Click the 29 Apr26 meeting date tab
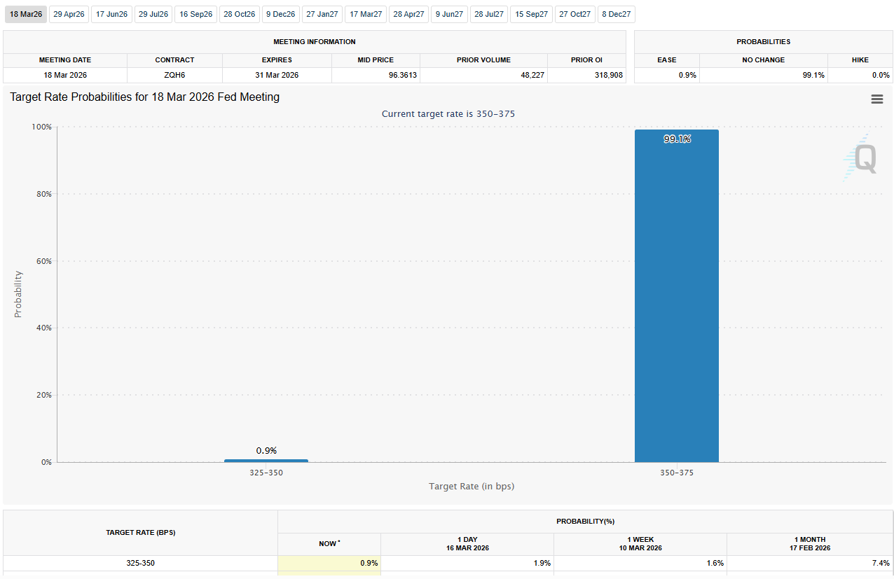69,14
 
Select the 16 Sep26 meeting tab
196,14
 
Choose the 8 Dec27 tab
617,14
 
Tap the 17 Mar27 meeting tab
366,14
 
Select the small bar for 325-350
266,461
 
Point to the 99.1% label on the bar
677,139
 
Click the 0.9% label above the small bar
266,450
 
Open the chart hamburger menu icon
876,99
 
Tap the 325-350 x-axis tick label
266,473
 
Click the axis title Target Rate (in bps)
472,486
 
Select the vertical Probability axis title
18,294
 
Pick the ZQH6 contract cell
174,75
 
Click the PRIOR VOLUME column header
483,60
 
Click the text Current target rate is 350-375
448,113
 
